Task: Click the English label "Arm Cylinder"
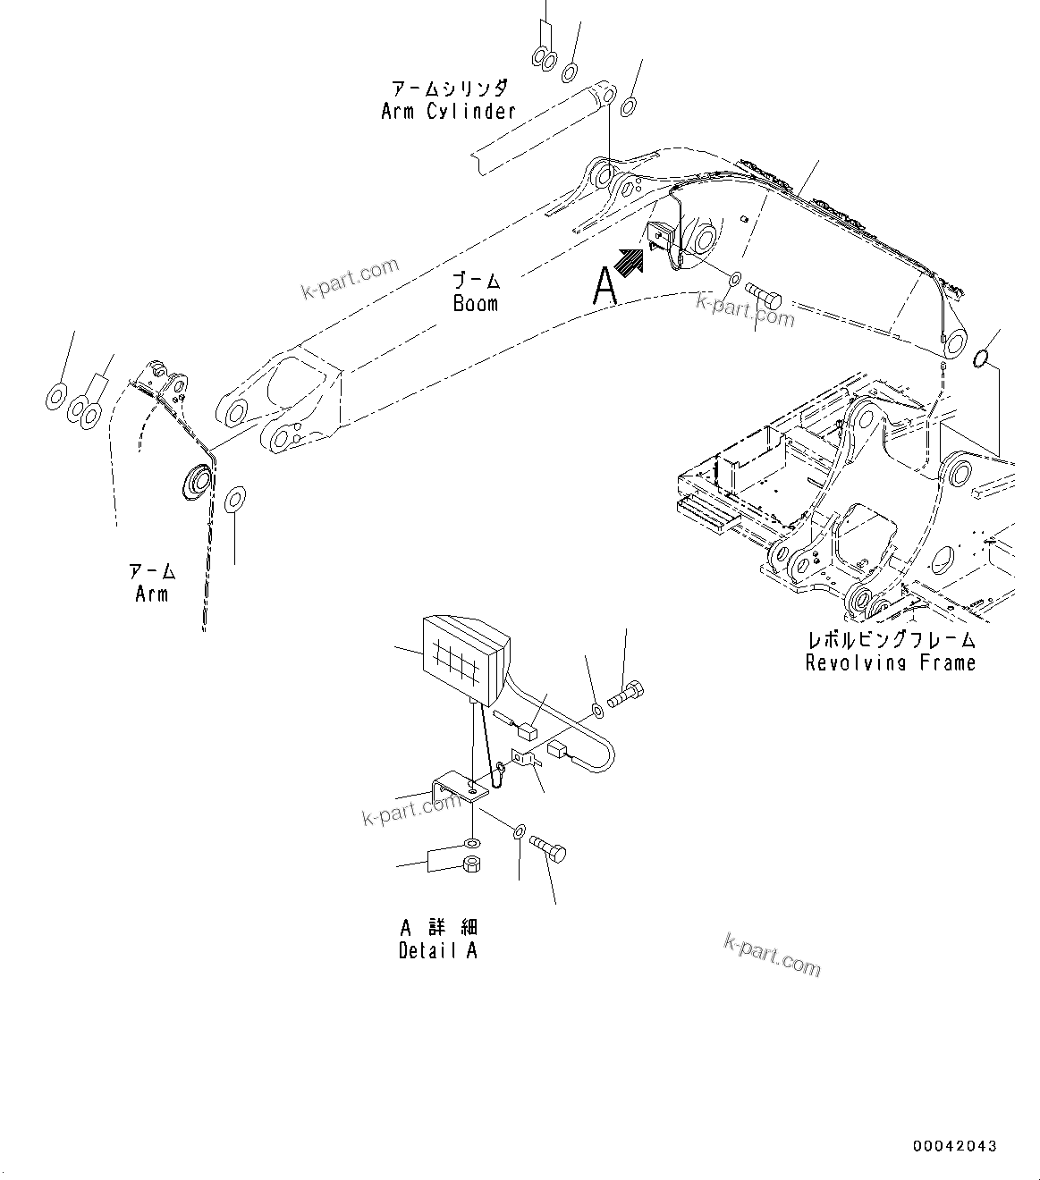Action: point(448,112)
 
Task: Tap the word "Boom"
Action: point(475,304)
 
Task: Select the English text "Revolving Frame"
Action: point(890,662)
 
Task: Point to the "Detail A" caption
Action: point(437,950)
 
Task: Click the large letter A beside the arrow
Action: point(605,288)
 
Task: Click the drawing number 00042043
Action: point(954,1146)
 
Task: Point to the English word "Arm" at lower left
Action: point(151,594)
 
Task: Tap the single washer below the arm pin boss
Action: point(235,497)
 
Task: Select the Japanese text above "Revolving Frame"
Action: point(890,639)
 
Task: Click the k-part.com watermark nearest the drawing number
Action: point(771,956)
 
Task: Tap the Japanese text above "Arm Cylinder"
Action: point(448,88)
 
